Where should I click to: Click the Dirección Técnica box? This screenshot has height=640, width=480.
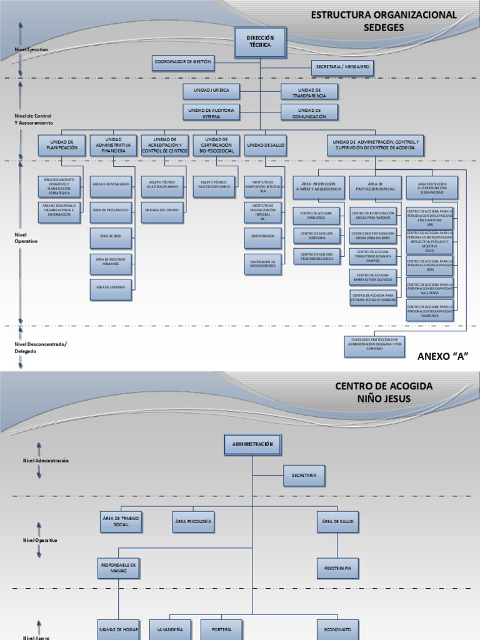pos(260,41)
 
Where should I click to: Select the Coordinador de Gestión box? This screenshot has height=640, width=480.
pos(183,62)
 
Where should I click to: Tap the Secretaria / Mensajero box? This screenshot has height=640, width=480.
pos(342,67)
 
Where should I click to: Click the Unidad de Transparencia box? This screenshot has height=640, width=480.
pos(309,92)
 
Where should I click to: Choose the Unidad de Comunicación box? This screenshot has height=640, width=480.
pos(309,112)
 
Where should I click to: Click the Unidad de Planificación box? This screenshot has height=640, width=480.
pos(61,145)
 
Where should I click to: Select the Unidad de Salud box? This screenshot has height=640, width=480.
pos(266,145)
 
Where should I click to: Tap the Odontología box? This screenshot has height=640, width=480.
pos(263,237)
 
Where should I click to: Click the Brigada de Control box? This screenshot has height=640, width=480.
pos(162,210)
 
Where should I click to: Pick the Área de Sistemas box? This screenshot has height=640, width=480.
pos(111,287)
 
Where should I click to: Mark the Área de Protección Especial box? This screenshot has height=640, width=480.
pos(376,186)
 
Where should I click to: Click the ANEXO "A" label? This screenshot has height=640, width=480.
pos(442,356)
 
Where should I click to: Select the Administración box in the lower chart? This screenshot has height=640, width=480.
pos(252,444)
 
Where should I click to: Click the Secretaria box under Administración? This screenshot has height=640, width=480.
pos(304,476)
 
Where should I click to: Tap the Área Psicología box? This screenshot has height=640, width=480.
pos(193,521)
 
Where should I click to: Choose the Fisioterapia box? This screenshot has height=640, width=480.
pos(337,568)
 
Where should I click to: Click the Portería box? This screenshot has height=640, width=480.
pos(222,629)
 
